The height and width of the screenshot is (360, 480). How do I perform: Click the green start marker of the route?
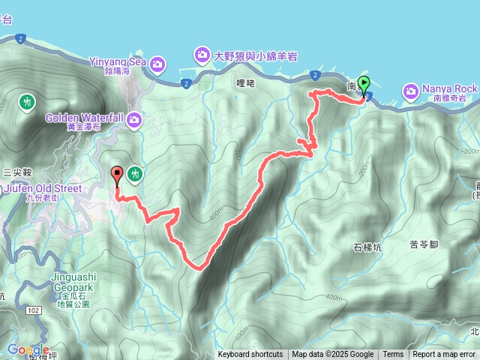pyautogui.click(x=364, y=85)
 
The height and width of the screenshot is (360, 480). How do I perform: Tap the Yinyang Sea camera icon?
pyautogui.click(x=157, y=64)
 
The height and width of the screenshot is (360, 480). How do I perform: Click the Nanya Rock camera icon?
pyautogui.click(x=411, y=91)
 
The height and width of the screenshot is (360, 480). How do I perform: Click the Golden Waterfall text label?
pyautogui.click(x=85, y=118)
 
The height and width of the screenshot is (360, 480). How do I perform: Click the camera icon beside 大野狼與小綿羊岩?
pyautogui.click(x=202, y=55)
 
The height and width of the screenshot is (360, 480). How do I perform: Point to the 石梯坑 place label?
pyautogui.click(x=367, y=246)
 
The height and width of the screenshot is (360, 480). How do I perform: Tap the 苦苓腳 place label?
pyautogui.click(x=424, y=244)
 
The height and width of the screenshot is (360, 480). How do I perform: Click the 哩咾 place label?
pyautogui.click(x=245, y=83)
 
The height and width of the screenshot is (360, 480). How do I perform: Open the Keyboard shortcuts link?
pyautogui.click(x=250, y=355)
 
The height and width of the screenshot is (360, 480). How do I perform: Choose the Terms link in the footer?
pyautogui.click(x=393, y=355)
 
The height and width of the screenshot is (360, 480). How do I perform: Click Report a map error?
pyautogui.click(x=444, y=355)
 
